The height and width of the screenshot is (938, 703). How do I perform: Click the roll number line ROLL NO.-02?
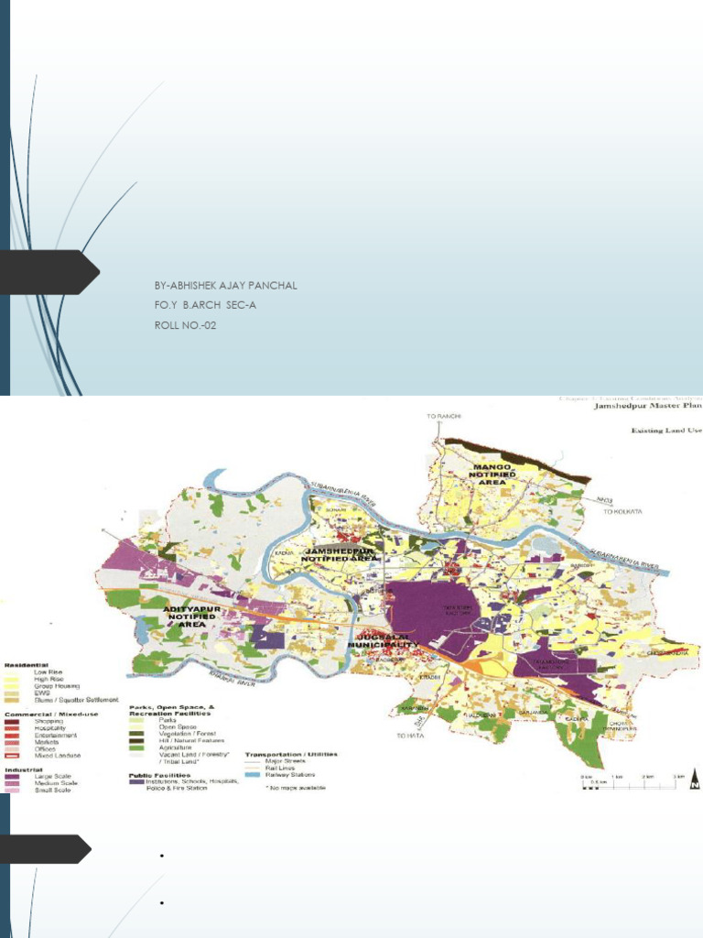188,324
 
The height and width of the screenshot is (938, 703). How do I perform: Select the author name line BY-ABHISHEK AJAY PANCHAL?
226,286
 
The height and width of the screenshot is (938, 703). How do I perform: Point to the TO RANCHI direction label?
439,417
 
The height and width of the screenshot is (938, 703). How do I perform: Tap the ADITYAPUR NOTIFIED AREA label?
189,614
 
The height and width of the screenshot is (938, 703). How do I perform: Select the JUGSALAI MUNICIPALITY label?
383,640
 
